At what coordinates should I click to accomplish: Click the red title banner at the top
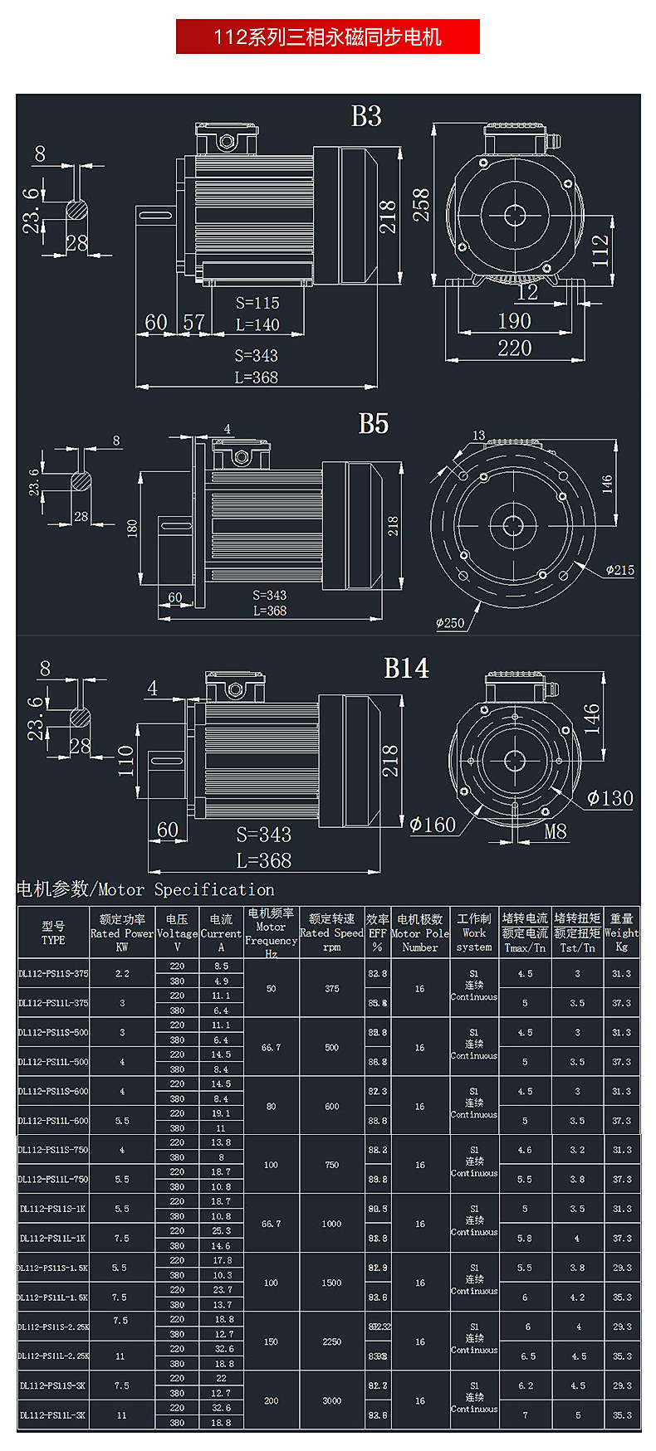coord(327,37)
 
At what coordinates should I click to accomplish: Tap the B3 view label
coord(366,116)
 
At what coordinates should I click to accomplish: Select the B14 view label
coord(406,669)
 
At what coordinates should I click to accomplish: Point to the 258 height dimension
coord(422,205)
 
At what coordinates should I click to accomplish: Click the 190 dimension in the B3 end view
coord(514,321)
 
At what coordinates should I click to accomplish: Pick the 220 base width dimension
coord(514,348)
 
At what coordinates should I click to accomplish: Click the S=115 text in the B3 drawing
coord(257,303)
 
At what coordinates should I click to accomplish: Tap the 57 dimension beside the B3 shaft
coord(193,322)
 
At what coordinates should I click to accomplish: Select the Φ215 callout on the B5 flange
coord(619,570)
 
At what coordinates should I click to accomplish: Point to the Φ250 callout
coord(450,623)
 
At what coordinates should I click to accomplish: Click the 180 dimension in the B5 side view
coord(132,528)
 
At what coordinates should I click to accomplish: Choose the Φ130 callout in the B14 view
coord(610,798)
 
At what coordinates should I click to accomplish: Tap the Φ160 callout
coord(433,825)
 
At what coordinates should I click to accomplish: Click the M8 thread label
coord(556,831)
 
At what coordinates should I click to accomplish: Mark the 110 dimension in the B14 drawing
coord(125,760)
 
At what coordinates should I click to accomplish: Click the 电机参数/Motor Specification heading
coord(145,890)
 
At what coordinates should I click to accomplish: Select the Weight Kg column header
coord(621,932)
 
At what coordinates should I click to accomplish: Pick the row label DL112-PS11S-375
coord(53,973)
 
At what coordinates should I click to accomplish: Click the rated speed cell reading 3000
coord(331,1400)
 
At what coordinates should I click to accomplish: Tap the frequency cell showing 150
coord(271,1341)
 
